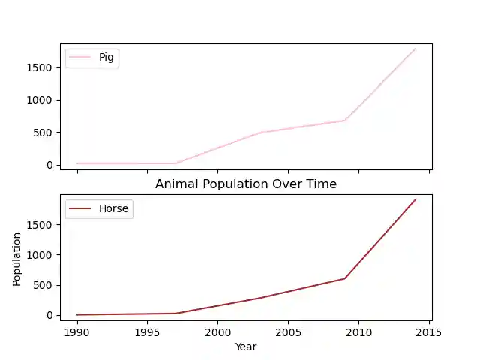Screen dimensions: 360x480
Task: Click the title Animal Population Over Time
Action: [245, 184]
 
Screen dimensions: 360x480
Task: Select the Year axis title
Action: [245, 346]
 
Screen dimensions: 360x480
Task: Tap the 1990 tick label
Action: [76, 331]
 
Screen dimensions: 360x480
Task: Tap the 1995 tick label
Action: [147, 331]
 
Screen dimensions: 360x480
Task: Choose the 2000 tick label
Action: [217, 331]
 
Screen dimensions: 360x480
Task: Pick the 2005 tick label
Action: [288, 331]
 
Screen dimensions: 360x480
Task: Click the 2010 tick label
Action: [358, 331]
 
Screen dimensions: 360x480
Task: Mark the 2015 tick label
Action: [429, 331]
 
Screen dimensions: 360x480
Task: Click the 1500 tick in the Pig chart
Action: [39, 67]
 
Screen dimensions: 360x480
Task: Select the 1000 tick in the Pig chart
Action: [39, 100]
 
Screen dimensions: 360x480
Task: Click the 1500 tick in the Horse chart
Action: [39, 224]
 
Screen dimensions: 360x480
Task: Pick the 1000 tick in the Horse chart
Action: [39, 255]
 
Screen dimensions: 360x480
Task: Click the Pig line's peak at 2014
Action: [415, 49]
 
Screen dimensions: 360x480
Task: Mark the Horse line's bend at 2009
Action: [345, 278]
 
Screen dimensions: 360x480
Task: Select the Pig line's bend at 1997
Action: [175, 163]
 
